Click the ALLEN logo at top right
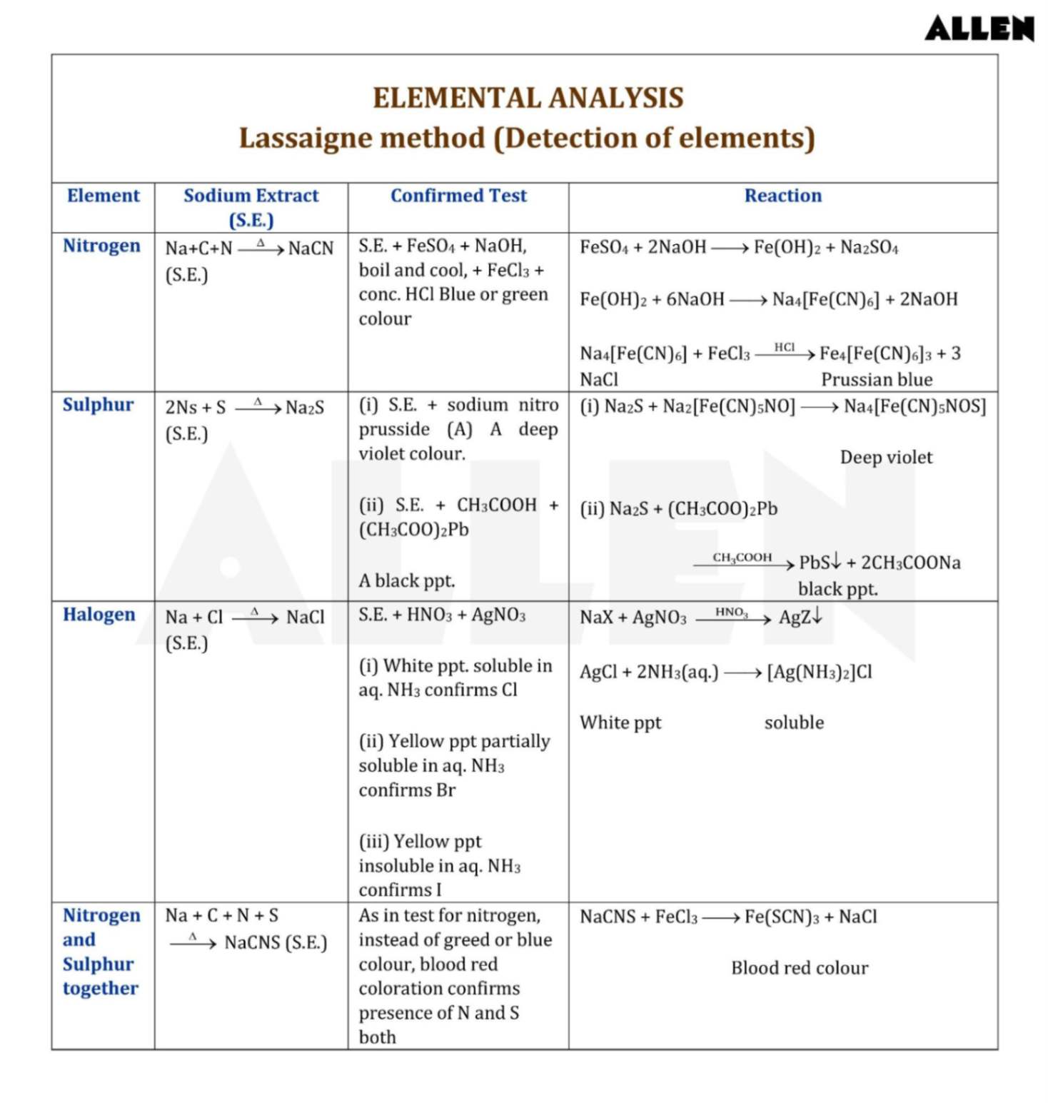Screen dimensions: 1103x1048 coord(979,29)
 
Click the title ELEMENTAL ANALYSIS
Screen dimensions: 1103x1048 coord(528,98)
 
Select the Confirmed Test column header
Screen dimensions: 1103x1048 coord(458,196)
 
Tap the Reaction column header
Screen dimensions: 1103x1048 coord(782,196)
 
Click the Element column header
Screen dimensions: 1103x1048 coord(104,196)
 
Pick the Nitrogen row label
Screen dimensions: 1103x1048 coord(101,246)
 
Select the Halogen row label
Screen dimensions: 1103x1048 coord(99,615)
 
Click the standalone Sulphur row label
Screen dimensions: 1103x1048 coord(98,405)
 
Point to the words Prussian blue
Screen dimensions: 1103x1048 coord(877,379)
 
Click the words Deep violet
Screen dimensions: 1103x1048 coord(886,457)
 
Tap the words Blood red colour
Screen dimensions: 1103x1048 coord(800,967)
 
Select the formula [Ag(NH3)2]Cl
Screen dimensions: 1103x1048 coord(820,672)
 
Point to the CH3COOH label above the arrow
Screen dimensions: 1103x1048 coord(742,557)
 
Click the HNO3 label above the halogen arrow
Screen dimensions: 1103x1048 coord(731,612)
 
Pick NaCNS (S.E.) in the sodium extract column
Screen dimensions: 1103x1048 coord(276,942)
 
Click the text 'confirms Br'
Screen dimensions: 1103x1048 coord(407,790)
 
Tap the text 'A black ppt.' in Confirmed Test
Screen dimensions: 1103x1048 coord(407,580)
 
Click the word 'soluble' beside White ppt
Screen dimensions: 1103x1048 coord(794,722)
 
